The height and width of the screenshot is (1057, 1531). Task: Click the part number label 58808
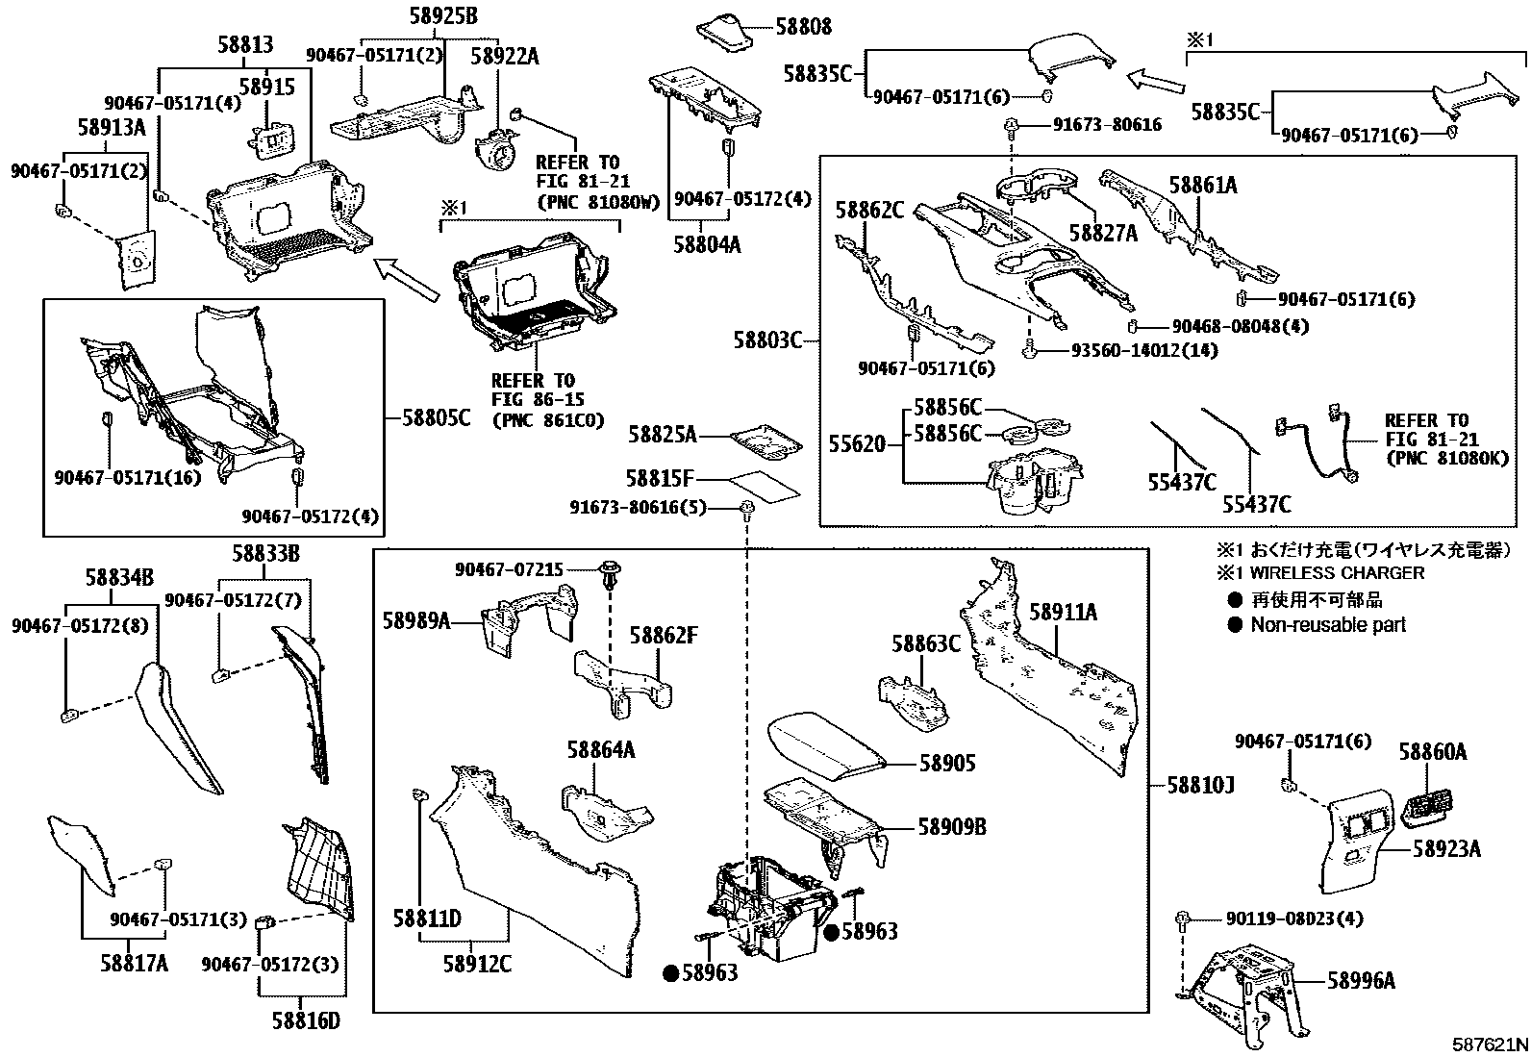[803, 28]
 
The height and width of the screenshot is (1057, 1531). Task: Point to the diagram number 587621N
[1489, 1044]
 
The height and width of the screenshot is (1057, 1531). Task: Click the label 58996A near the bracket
[1361, 980]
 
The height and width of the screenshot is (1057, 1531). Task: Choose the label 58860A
[1432, 752]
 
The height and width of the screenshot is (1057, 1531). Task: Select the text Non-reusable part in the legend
[1327, 625]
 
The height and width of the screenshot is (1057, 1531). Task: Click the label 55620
[856, 444]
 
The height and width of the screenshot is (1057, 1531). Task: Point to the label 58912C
[477, 963]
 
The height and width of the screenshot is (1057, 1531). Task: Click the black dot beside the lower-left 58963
[670, 973]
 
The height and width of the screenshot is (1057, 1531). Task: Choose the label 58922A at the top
[504, 57]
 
